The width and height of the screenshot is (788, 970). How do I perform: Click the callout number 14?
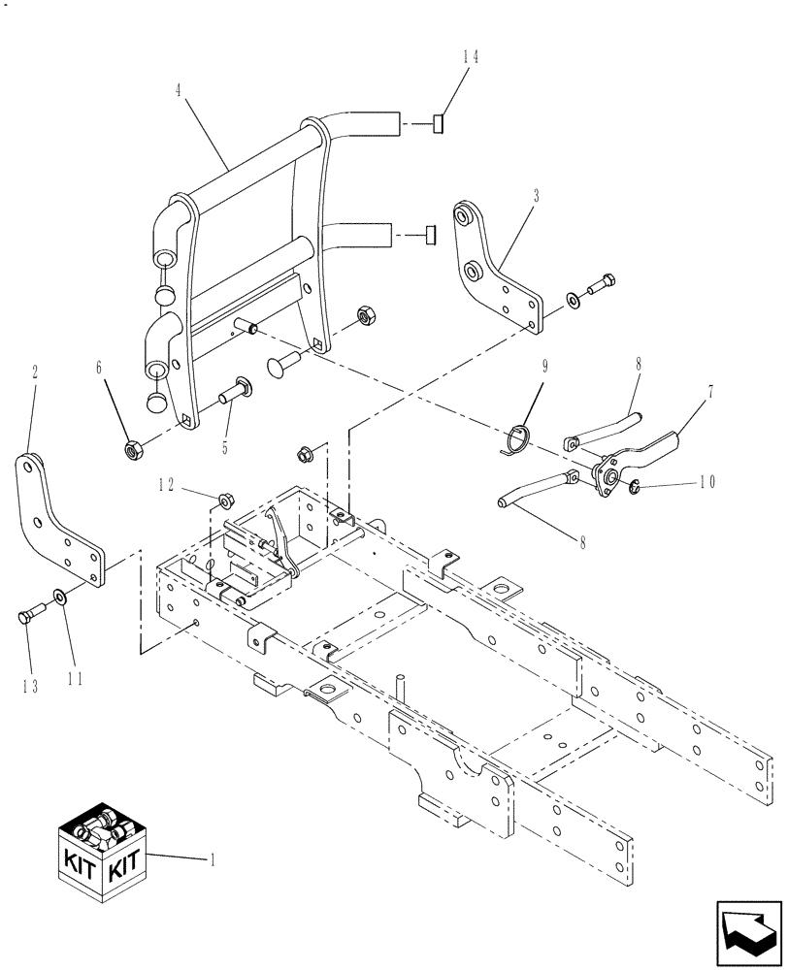pos(471,56)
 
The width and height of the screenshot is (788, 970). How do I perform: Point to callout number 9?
pos(544,369)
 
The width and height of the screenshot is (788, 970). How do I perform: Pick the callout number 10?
pos(705,481)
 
